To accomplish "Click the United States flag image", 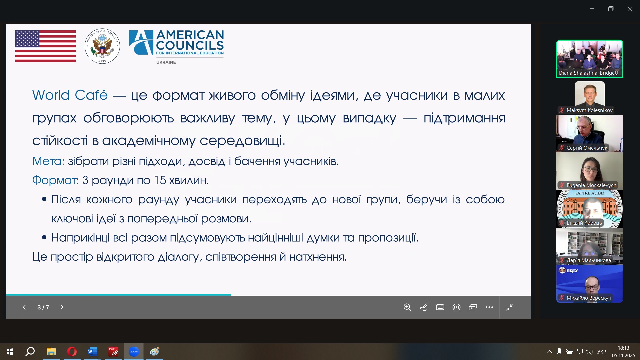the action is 45,46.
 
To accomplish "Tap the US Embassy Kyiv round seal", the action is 102,46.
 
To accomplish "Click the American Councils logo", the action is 176,47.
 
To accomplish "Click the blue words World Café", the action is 70,95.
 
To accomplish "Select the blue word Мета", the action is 48,161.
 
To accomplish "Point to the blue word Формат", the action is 55,180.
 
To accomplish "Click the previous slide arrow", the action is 24,307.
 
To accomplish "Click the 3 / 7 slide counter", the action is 43,307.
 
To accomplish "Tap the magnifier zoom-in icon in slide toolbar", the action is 407,307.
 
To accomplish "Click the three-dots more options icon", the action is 489,307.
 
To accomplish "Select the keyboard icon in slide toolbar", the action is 440,307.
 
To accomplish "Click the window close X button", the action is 630,9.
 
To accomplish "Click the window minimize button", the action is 592,9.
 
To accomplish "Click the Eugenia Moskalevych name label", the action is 591,185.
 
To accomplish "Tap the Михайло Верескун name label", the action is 589,298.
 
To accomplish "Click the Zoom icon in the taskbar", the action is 134,352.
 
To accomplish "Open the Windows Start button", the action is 10,352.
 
